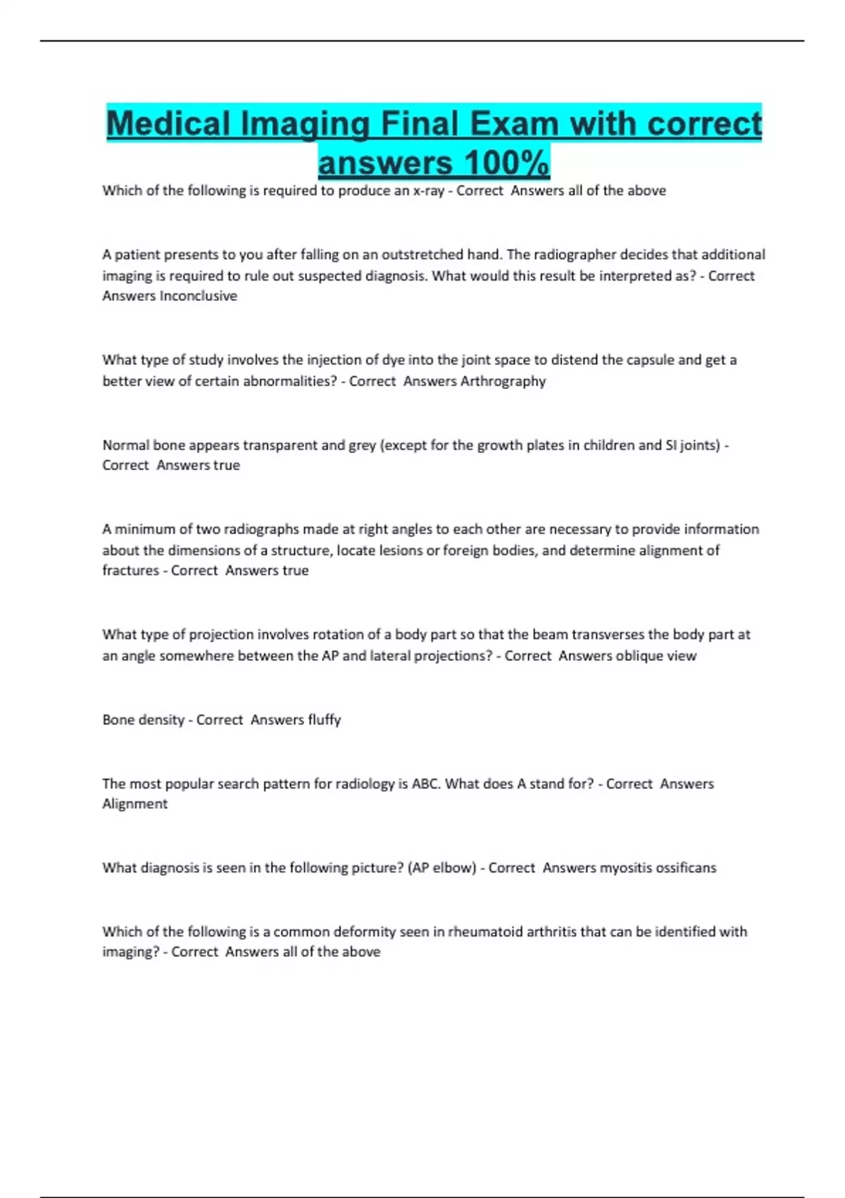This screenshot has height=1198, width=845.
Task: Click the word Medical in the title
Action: coord(169,125)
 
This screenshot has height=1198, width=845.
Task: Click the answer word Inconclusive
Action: coord(199,296)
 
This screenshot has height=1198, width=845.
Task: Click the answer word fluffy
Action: coord(324,720)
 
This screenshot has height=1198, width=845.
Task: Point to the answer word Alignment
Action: coord(134,804)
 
